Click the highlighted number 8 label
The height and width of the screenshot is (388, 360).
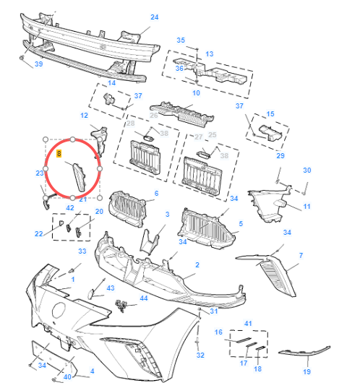[x=59, y=154]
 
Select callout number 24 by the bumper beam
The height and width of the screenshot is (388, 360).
[x=155, y=17]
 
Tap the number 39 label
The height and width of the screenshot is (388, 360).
[x=39, y=64]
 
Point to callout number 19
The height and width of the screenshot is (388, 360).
[x=307, y=371]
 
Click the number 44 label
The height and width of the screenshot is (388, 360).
[x=144, y=298]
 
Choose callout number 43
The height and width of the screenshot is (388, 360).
[x=111, y=288]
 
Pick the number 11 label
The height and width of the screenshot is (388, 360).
[x=307, y=207]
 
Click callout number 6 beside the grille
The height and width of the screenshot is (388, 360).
[x=156, y=193]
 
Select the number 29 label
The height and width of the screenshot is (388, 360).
[x=280, y=155]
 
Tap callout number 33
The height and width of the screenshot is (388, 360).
[x=82, y=251]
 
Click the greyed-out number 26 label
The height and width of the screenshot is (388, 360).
[x=154, y=116]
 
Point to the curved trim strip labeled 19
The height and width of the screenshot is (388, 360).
[x=304, y=351]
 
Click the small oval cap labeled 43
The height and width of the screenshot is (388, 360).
[x=90, y=294]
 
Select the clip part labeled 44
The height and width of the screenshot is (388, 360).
[x=121, y=306]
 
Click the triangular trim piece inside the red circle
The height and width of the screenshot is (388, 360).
[x=80, y=178]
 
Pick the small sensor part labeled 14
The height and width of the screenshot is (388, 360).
[x=108, y=98]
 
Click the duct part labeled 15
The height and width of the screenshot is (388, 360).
[x=270, y=133]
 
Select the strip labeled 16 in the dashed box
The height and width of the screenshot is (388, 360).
[x=244, y=340]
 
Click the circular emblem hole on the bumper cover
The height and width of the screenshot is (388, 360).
[x=59, y=310]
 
